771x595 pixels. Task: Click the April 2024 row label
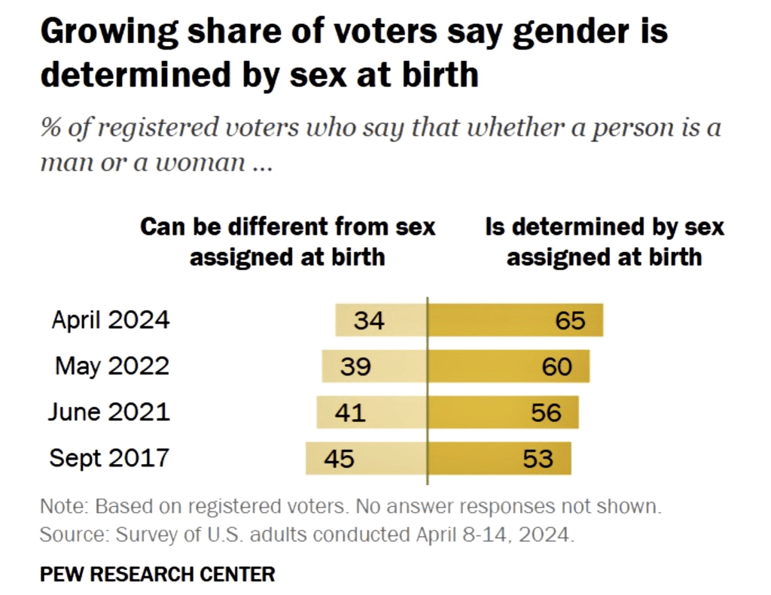111,320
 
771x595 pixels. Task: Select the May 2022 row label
112,366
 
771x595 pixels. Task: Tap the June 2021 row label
109,412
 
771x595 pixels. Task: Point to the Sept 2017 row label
110,458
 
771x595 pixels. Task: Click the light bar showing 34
381,320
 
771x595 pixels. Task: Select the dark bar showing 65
516,320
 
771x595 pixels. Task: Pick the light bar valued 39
374,366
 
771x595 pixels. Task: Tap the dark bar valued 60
509,366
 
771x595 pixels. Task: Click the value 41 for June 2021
349,412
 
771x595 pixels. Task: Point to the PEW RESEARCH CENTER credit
157,575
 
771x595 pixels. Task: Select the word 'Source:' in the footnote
71,536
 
